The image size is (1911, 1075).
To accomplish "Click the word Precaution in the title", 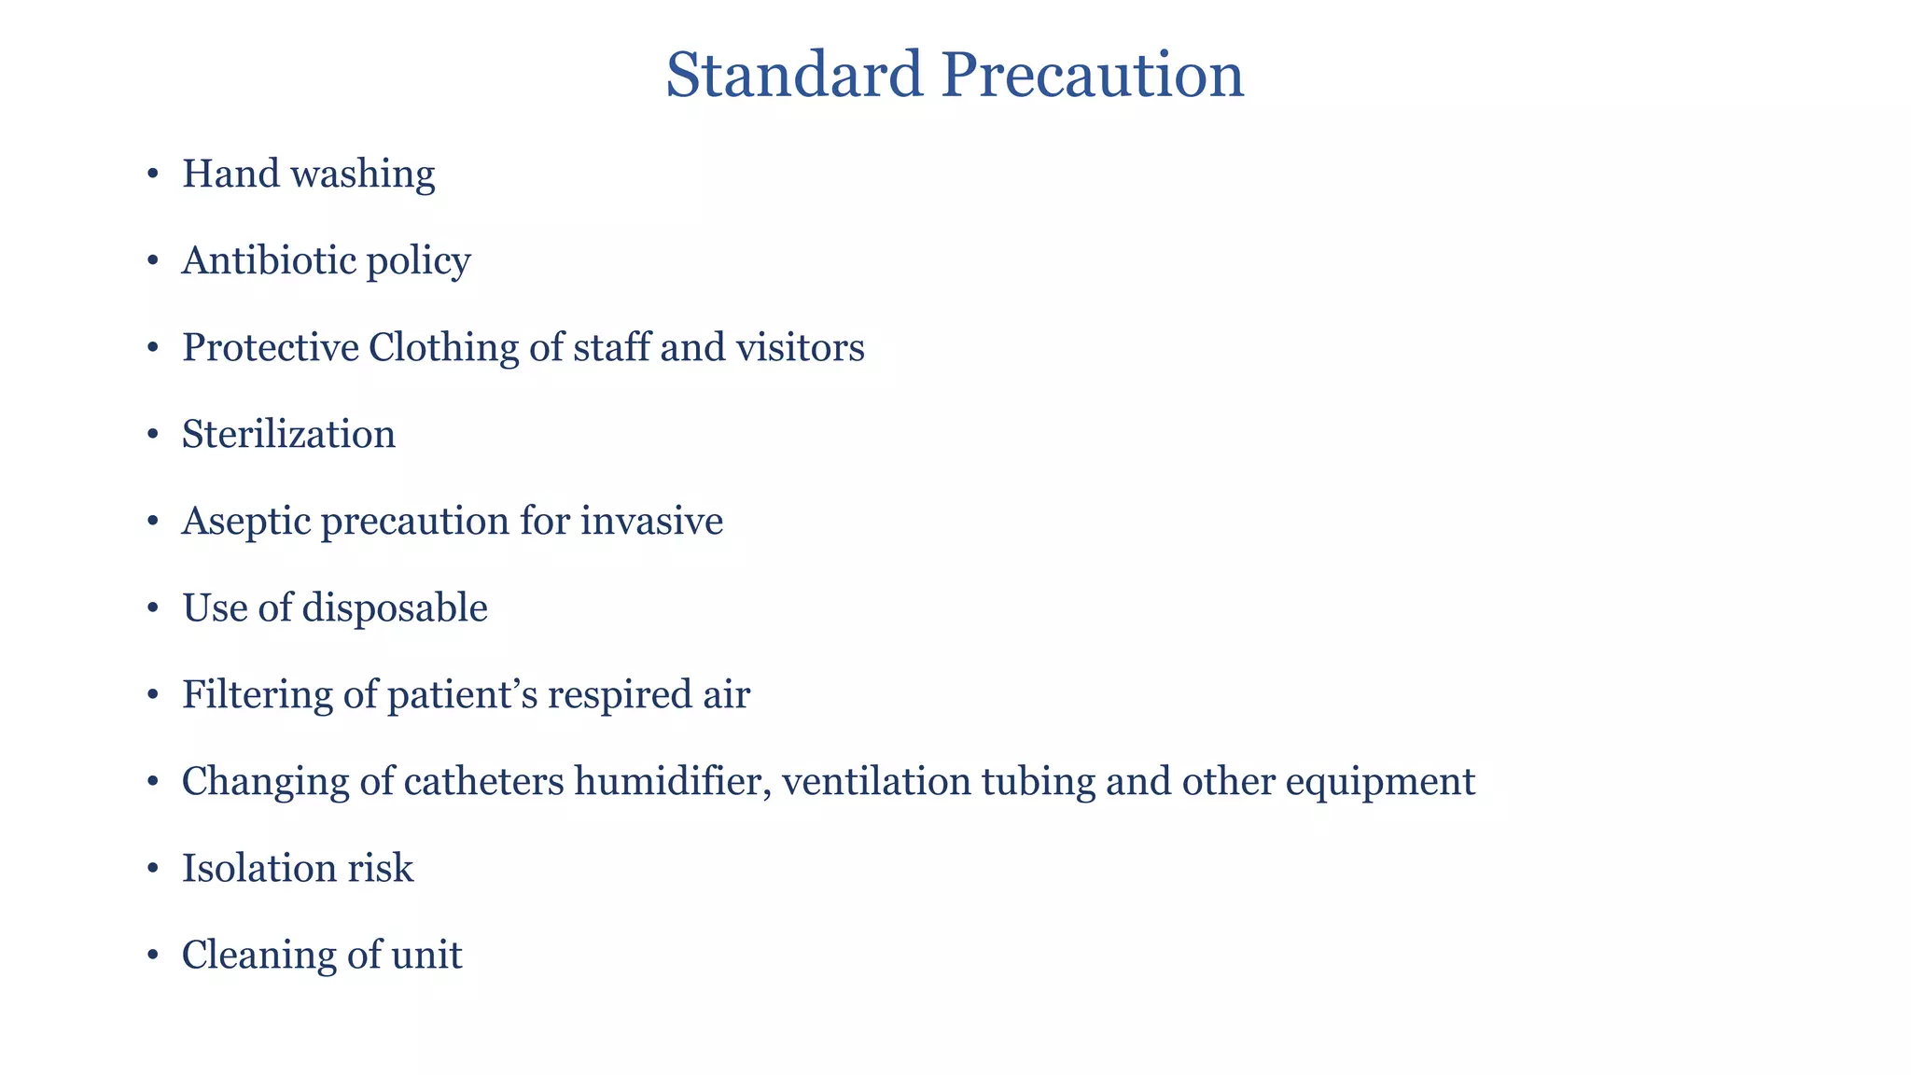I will pos(1093,75).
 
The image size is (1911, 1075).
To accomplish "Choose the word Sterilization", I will pos(288,435).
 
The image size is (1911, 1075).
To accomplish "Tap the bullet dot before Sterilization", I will pos(153,435).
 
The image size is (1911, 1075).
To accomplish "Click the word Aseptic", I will pos(246,522).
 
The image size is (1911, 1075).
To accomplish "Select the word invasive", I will pos(651,521).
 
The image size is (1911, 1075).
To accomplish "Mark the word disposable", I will pos(396,608).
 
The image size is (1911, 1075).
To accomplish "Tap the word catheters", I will pos(483,781).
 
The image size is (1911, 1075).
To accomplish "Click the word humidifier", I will pos(673,781).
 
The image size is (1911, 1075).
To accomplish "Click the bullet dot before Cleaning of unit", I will pos(153,956).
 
